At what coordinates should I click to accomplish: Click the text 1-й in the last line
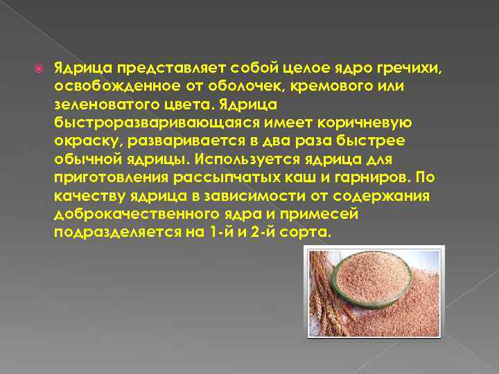[x=218, y=232]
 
